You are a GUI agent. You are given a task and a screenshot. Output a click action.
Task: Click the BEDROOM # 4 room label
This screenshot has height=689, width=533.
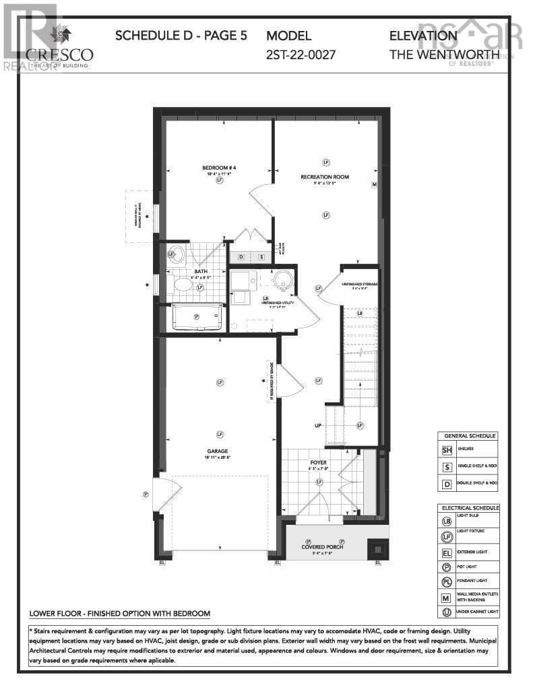tap(220, 168)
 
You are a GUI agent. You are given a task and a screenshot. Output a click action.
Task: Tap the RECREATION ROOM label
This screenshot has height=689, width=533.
tap(325, 177)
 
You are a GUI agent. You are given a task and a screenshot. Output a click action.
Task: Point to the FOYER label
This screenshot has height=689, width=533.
tap(318, 462)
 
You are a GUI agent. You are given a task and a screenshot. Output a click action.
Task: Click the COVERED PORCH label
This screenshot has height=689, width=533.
tap(322, 547)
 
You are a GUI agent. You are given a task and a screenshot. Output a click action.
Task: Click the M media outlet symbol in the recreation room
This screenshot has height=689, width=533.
tap(373, 184)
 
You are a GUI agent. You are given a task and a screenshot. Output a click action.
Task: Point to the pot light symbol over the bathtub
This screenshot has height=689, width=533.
tap(197, 316)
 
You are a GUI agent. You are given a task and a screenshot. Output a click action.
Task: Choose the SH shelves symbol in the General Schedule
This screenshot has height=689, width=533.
tap(447, 450)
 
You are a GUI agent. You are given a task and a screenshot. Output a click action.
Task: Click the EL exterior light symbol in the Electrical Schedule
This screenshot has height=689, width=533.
tap(446, 552)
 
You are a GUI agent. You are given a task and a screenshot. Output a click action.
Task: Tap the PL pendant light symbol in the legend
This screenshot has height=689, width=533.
tap(446, 581)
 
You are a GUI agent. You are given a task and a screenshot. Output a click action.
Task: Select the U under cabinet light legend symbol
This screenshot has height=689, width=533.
tap(446, 612)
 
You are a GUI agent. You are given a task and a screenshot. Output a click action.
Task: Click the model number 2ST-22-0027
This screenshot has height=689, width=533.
tap(301, 54)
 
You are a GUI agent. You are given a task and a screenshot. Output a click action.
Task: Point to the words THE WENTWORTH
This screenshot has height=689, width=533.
tap(444, 54)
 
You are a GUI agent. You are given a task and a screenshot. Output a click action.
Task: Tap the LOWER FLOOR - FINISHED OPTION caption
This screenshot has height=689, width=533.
tap(120, 614)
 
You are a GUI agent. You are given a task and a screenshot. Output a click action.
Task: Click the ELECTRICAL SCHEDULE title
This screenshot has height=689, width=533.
tap(470, 507)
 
